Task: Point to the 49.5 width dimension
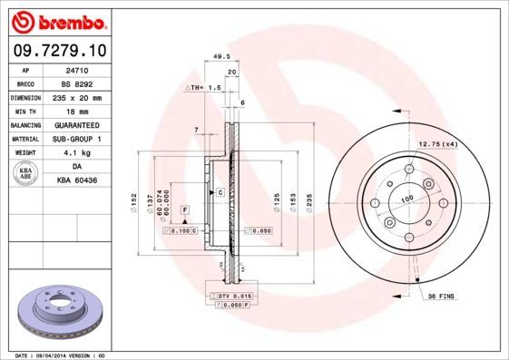coord(219,56)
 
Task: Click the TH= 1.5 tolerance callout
coord(205,87)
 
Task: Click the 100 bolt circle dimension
coord(407,198)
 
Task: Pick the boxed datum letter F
coord(184,209)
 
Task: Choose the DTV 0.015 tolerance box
coord(232,297)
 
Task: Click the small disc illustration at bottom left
coord(54,312)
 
